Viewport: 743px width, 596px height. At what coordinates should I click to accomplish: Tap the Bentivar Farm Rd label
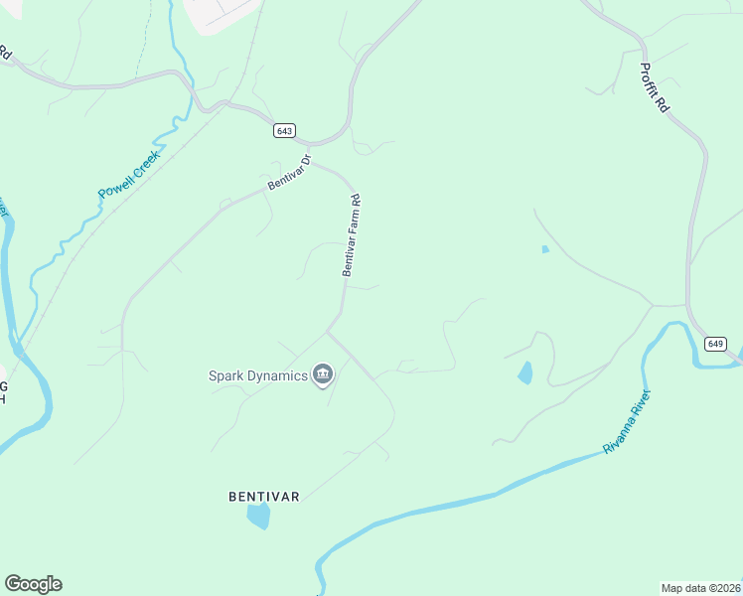[350, 234]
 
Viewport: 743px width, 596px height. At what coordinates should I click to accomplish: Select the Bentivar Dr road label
[289, 172]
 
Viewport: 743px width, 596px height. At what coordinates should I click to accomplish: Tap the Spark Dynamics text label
[257, 375]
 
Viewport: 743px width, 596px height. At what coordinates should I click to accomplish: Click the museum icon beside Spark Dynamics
[322, 374]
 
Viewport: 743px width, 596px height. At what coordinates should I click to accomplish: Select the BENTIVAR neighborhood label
[263, 495]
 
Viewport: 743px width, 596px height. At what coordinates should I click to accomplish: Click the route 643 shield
[285, 131]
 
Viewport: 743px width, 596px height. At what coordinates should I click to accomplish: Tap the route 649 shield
[715, 343]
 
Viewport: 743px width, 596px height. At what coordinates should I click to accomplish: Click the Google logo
[33, 584]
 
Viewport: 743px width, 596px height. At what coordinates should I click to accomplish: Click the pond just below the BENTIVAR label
[258, 516]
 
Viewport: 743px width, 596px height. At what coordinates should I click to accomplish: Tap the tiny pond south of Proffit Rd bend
[544, 249]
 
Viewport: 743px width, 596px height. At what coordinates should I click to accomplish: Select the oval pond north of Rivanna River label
[524, 373]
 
